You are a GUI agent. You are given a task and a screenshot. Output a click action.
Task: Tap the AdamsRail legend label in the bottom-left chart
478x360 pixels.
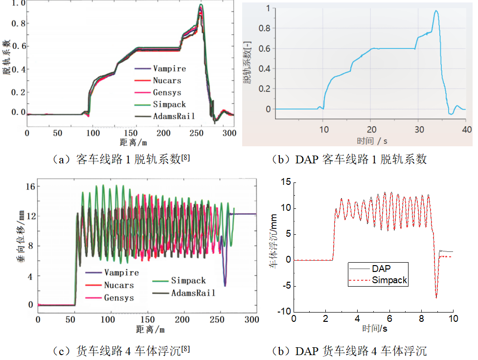195,292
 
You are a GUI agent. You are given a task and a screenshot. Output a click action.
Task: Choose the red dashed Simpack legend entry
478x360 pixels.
389,280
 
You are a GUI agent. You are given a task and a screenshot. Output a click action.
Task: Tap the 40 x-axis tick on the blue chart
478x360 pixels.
466,129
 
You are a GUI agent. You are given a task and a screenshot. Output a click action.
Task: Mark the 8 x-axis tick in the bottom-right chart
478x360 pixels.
421,318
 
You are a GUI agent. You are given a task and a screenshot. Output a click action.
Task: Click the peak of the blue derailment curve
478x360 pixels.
436,11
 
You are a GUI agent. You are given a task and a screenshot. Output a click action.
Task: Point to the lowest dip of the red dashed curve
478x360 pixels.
436,297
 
